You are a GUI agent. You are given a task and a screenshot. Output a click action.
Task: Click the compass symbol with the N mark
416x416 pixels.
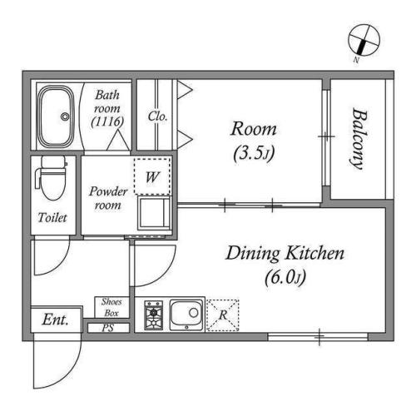tap(364, 41)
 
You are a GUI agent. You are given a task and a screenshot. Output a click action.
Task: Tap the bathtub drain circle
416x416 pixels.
tap(65, 116)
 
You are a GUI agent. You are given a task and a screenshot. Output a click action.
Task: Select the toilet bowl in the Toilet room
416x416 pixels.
tap(52, 178)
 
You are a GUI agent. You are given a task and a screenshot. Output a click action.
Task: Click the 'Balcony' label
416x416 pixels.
tap(359, 138)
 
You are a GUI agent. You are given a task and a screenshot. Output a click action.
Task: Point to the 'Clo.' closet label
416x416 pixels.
tap(157, 116)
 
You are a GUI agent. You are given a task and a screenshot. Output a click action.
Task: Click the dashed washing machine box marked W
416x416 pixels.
tap(152, 176)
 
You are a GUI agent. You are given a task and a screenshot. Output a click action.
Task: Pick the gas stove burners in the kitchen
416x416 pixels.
tap(153, 315)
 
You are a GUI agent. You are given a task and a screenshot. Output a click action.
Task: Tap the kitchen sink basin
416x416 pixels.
tap(186, 314)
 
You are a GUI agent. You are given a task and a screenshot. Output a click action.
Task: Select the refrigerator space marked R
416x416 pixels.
tap(223, 315)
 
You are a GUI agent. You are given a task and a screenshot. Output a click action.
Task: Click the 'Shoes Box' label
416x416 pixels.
tap(111, 307)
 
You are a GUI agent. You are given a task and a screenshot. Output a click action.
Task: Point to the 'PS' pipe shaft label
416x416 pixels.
tap(108, 328)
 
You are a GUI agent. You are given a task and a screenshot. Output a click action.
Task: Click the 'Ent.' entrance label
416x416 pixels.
tap(55, 319)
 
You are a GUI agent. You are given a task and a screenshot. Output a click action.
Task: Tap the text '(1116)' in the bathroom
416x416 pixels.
tap(107, 121)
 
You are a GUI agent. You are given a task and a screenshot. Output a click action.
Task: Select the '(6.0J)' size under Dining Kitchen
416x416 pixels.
tap(285, 278)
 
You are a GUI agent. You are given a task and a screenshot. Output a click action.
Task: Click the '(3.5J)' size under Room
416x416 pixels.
tap(254, 153)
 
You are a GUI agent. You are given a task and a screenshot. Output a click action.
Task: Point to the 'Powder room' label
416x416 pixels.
tap(108, 198)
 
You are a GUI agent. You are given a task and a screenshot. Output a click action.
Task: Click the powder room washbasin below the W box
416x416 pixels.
tap(154, 213)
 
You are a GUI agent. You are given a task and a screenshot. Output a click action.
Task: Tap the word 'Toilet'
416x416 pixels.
tap(52, 217)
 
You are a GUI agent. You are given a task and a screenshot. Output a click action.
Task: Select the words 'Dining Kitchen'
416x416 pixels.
tap(285, 254)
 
